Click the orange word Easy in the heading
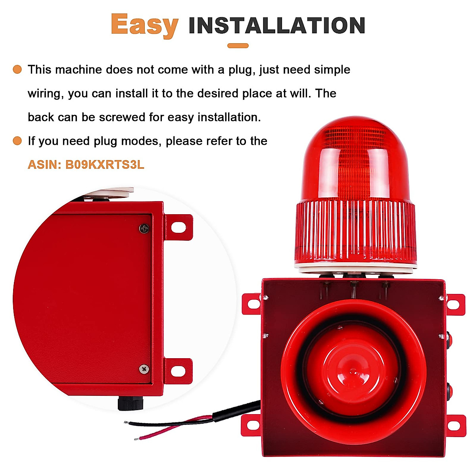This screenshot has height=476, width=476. point(144,25)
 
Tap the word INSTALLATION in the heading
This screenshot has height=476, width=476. point(276,26)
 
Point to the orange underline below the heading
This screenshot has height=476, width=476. point(238,46)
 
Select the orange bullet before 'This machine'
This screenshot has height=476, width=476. point(17,69)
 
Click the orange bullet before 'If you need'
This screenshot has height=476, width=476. point(17,141)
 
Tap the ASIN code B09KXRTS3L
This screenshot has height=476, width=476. point(105,165)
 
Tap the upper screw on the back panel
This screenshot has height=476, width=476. point(144,228)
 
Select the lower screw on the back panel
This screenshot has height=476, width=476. point(144,369)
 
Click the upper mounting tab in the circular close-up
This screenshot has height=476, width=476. point(179,227)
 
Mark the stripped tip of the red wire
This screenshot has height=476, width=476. point(137,438)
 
